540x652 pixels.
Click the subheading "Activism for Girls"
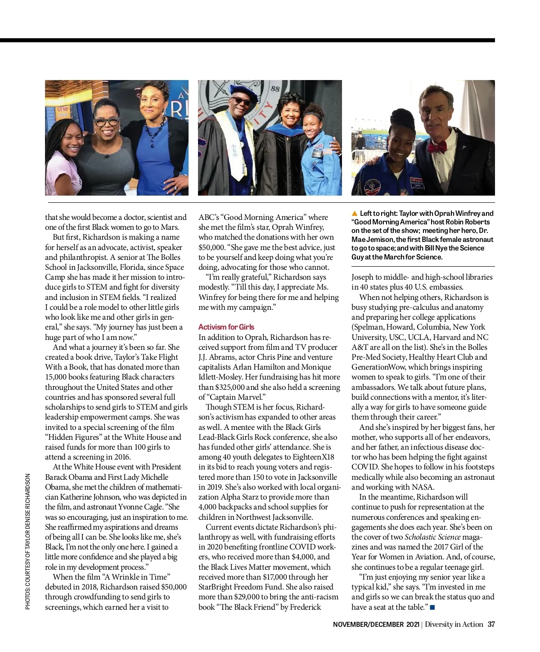tap(226, 327)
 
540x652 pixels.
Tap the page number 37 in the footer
tap(491, 624)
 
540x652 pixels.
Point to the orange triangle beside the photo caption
tap(355, 213)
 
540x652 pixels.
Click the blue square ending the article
tap(432, 607)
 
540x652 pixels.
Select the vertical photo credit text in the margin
tap(28, 541)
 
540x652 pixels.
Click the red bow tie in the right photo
tap(437, 146)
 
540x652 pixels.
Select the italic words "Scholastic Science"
tap(432, 537)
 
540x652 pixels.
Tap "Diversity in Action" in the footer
tap(454, 624)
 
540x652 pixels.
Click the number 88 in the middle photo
tap(275, 89)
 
